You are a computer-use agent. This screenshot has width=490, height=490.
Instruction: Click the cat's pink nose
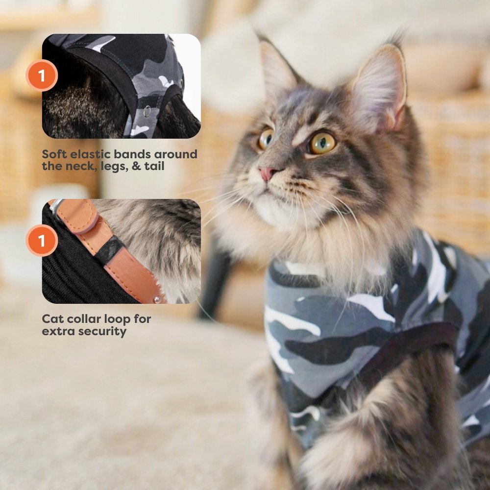[267, 173]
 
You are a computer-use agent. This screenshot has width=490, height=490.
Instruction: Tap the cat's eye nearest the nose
[265, 139]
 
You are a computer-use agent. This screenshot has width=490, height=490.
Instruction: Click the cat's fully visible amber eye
[322, 143]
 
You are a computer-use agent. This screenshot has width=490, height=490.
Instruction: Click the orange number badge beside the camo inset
[42, 75]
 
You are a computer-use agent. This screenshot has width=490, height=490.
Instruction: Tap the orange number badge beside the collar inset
[42, 240]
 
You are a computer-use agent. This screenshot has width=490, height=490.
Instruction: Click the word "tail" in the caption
[154, 166]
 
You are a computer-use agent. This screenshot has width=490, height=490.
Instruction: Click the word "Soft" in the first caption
[54, 154]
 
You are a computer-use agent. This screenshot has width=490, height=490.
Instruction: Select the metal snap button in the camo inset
[147, 111]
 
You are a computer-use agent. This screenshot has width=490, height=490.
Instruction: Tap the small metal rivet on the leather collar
[157, 300]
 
